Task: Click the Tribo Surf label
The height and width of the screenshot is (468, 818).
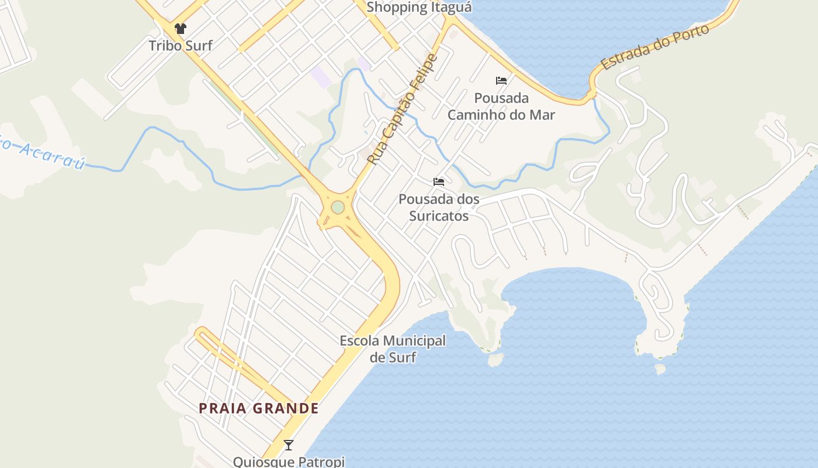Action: pos(180,46)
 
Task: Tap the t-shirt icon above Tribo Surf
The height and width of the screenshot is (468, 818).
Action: pos(180,29)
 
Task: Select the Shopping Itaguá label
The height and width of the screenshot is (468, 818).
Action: pos(419,7)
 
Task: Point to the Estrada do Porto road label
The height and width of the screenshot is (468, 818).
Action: pos(656,47)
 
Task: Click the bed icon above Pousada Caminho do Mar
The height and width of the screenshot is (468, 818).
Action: pos(501,81)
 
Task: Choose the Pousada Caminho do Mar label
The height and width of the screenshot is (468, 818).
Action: pos(501,106)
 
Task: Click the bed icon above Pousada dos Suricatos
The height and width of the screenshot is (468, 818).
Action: pos(439,182)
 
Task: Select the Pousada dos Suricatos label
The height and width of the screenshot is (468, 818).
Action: pos(439,207)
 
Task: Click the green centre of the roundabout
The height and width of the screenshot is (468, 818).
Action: pos(338,207)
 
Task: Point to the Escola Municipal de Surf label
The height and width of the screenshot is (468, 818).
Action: pos(393,349)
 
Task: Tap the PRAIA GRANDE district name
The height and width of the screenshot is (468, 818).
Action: pos(259,408)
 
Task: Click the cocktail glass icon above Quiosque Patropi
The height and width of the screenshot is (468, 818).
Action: pos(289,445)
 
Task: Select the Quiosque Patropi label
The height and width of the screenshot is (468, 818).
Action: pos(289,462)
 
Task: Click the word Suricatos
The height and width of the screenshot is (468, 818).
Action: pos(439,216)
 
